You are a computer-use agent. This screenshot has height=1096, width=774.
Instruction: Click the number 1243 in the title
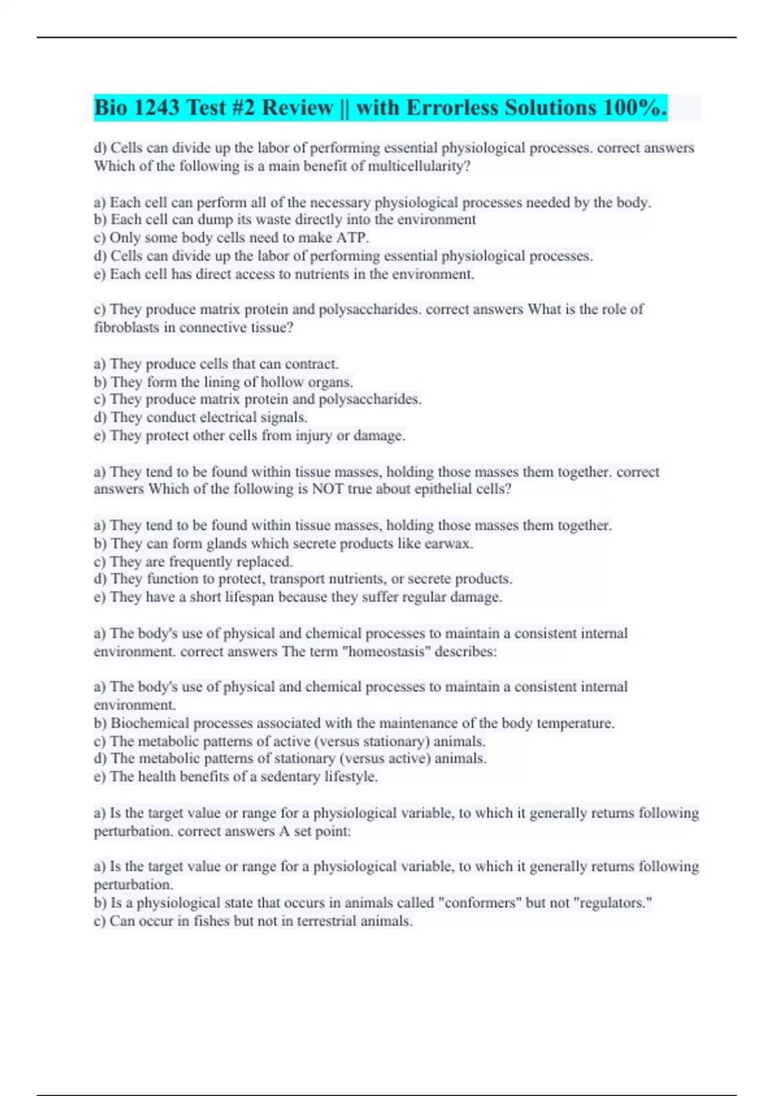tap(155, 108)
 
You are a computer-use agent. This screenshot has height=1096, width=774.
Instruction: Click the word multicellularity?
tap(419, 166)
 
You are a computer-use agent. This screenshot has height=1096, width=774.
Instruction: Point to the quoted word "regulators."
tap(615, 903)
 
